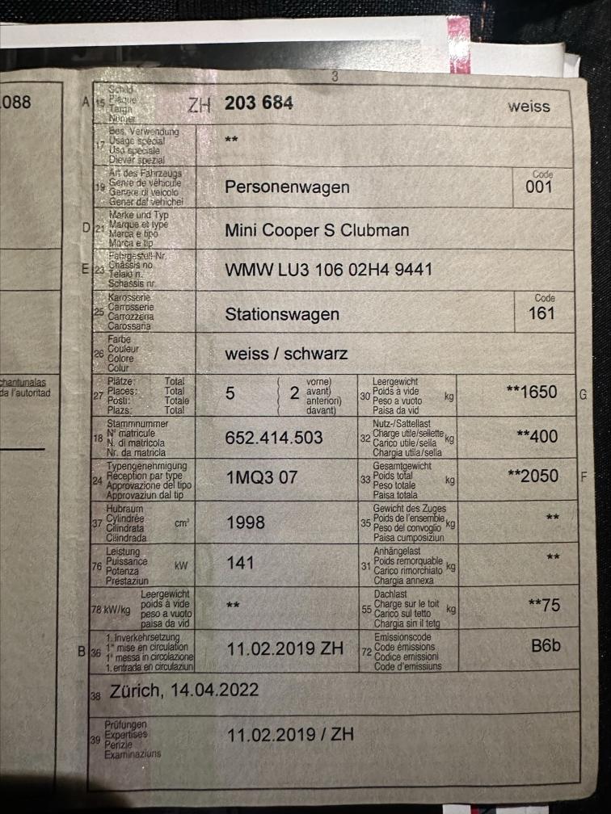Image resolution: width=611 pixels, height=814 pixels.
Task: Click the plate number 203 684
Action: (x=259, y=103)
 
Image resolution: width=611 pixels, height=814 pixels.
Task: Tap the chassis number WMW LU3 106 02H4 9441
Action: (x=328, y=270)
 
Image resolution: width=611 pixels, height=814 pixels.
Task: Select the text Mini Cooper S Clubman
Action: (x=317, y=230)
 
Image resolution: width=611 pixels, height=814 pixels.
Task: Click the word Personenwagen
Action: (x=287, y=187)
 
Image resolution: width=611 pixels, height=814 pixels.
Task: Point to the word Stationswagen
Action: (x=282, y=314)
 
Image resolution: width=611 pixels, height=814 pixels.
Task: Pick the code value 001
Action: (x=539, y=187)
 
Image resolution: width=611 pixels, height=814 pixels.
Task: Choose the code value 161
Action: (x=541, y=313)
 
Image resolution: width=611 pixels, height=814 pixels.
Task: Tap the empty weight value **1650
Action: (x=531, y=392)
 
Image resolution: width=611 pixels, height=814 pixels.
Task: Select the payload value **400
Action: (x=537, y=436)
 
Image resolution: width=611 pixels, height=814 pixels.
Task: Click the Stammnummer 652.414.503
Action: (x=274, y=438)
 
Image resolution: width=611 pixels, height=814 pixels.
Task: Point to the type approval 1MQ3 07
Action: (x=261, y=477)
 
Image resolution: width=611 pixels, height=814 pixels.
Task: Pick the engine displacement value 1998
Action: (x=246, y=522)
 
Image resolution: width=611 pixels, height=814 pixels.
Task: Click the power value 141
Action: (x=241, y=563)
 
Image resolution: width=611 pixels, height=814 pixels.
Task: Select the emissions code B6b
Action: (x=546, y=646)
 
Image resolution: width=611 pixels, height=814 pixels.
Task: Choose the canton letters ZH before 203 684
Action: (x=200, y=105)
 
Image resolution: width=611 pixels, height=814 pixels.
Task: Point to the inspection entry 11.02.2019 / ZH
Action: (x=290, y=736)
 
